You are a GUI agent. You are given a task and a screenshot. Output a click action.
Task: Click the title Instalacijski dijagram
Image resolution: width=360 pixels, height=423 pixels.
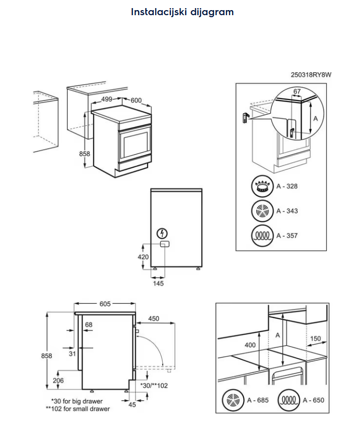point(182,12)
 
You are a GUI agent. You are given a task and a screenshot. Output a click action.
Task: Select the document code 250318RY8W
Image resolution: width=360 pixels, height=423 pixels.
point(311,75)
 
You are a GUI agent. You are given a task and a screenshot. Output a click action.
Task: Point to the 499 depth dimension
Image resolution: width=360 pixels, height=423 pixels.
point(106,100)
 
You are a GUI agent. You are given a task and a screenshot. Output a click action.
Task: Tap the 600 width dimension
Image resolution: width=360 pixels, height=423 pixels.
point(136,100)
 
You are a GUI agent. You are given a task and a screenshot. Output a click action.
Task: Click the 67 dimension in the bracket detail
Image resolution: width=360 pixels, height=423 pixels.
point(297,91)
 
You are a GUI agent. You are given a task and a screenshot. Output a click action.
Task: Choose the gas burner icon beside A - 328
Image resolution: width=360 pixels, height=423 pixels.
point(262,186)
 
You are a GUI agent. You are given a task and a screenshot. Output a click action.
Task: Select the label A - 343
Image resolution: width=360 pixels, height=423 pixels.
point(287,211)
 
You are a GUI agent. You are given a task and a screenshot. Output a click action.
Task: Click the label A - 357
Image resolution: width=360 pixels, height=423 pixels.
point(287,236)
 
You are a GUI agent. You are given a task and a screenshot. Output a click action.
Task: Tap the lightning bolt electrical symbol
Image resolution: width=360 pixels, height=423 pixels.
point(163,233)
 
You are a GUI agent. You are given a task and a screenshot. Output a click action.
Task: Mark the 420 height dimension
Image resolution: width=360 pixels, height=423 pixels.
point(143,257)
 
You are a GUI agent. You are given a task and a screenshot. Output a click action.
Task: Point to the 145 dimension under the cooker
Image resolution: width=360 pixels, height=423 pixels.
point(158,284)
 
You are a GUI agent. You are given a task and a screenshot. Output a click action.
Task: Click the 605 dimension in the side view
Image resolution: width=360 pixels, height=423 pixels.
point(105,304)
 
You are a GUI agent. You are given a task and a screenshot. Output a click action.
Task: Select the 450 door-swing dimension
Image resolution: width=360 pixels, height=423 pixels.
point(154,319)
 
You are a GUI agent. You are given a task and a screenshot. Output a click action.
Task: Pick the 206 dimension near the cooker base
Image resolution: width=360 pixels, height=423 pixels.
point(58,381)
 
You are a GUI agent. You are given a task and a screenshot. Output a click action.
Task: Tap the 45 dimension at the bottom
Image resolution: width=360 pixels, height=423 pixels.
point(132,404)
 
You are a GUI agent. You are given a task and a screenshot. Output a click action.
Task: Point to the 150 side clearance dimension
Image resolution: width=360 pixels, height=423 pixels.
point(316,339)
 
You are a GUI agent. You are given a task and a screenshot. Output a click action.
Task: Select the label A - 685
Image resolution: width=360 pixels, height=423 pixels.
point(257,400)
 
